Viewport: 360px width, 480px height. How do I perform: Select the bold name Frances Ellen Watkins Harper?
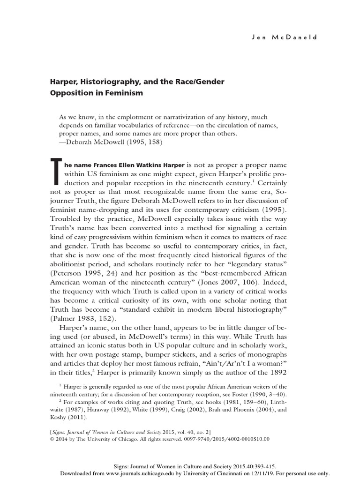[124, 165]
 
